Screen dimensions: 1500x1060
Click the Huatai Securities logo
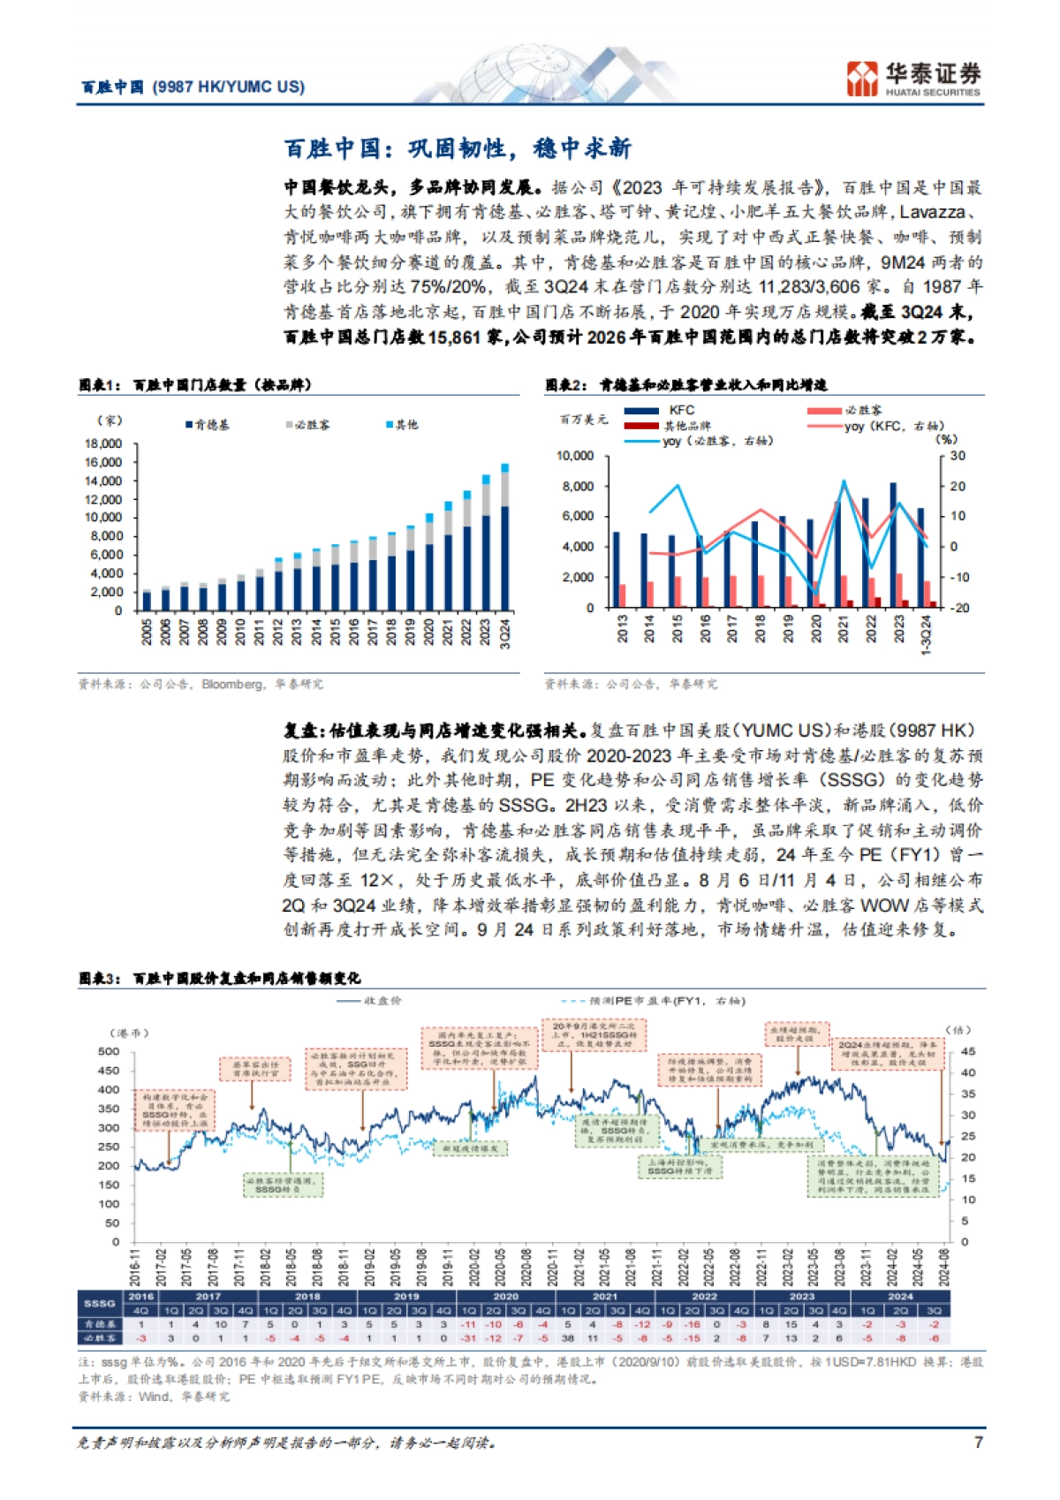913,78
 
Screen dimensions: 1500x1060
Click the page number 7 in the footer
978,1442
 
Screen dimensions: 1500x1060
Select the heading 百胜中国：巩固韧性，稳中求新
458,148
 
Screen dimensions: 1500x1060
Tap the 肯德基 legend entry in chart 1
208,425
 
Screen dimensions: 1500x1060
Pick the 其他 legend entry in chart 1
402,425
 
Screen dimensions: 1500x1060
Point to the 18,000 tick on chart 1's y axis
104,443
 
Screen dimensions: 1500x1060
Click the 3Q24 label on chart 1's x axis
505,633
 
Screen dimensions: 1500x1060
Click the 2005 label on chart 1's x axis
147,632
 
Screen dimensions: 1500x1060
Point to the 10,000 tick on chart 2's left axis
575,456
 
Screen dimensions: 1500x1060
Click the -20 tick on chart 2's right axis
958,608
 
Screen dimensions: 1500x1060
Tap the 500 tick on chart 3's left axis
110,1051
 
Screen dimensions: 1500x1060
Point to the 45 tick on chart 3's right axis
968,1051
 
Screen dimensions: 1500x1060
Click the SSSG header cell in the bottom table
100,1303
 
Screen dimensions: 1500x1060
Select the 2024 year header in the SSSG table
900,1297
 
